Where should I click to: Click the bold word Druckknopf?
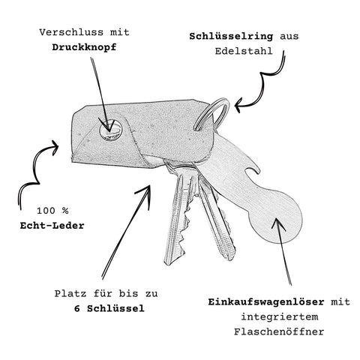pos(84,47)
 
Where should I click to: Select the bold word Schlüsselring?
pos(231,37)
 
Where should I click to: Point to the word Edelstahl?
pos(244,51)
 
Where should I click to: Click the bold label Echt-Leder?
pos(52,226)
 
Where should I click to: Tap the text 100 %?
pos(52,211)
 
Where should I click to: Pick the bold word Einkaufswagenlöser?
pos(266,302)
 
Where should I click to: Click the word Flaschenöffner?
pos(279,332)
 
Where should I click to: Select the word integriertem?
pos(280,317)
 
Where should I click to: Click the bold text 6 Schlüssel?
pos(109,308)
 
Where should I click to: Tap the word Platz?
pos(71,294)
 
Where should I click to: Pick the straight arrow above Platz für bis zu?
pos(126,232)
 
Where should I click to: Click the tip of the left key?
pos(167,263)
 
